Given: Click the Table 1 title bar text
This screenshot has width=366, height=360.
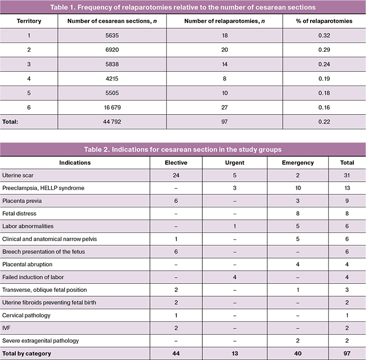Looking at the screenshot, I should (183, 7).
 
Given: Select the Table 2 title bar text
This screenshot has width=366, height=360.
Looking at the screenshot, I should (183, 149).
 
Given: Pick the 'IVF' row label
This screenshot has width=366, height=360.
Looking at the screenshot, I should (7, 328).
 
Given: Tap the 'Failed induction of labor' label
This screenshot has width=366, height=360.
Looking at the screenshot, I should (33, 277).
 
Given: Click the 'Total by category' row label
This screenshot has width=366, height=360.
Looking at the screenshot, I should (26, 353).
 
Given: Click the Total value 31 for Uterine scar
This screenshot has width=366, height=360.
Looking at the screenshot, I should (347, 175).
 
